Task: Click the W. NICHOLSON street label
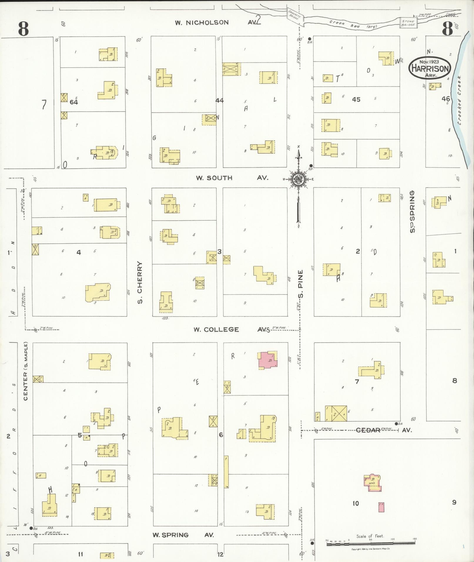(x=202, y=23)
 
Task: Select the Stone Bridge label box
(x=408, y=23)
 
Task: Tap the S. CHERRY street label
(x=140, y=282)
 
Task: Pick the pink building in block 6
(x=268, y=360)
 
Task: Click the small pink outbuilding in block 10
(x=381, y=507)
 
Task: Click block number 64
(x=74, y=102)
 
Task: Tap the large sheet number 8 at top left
(x=24, y=28)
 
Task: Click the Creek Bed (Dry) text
(x=353, y=24)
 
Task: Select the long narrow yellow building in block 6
(x=226, y=472)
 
